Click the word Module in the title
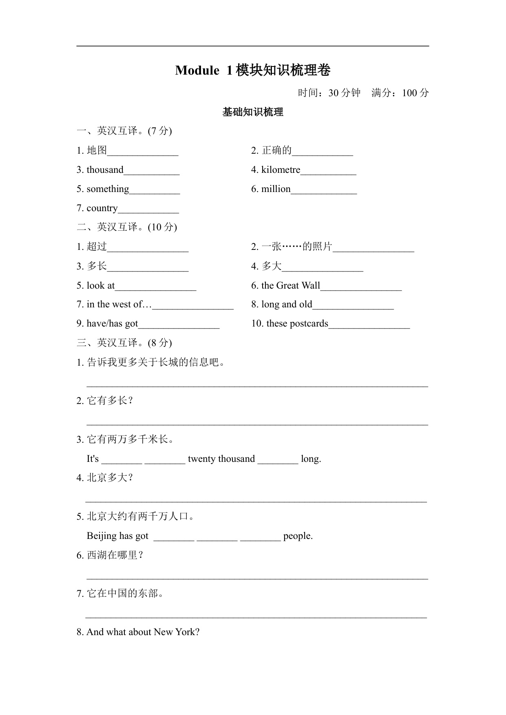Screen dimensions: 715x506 (197, 71)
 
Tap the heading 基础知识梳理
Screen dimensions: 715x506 (253, 112)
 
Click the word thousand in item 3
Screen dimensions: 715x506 (105, 170)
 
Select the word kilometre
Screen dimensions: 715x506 (281, 170)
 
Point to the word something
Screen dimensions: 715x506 (108, 189)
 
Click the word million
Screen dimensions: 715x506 (276, 189)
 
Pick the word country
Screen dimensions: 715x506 (102, 208)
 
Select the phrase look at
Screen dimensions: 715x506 (101, 285)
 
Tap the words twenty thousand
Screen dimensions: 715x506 (221, 459)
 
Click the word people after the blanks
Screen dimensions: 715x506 (298, 536)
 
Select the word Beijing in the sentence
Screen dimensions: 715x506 (101, 536)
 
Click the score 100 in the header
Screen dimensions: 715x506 (409, 93)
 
